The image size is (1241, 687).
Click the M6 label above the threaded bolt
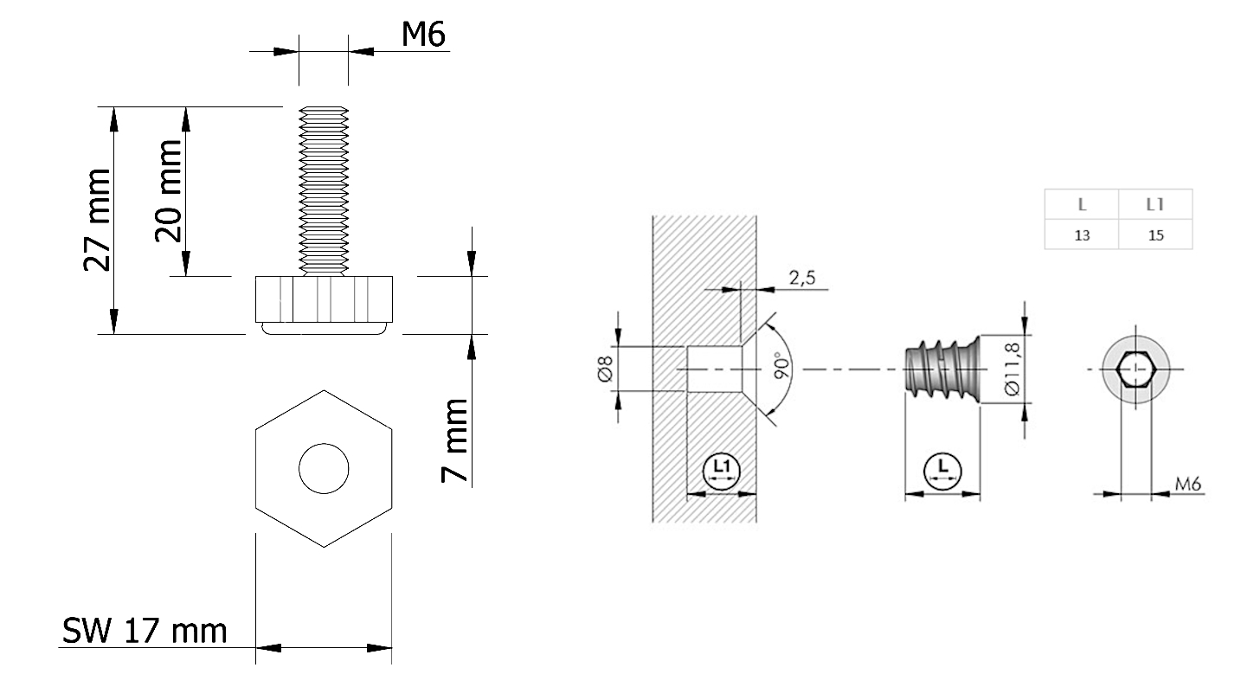pos(424,35)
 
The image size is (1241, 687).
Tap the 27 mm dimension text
pos(97,221)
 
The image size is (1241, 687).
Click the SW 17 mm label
pos(145,631)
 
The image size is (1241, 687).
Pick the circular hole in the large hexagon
pos(324,469)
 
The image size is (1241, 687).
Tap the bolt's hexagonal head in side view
pos(323,299)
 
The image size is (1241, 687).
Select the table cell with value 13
pos(1082,234)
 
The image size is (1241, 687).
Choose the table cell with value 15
pos(1155,234)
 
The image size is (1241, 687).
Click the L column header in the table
pos(1082,205)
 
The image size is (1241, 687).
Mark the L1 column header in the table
pos(1155,205)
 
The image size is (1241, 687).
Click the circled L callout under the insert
pos(942,469)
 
